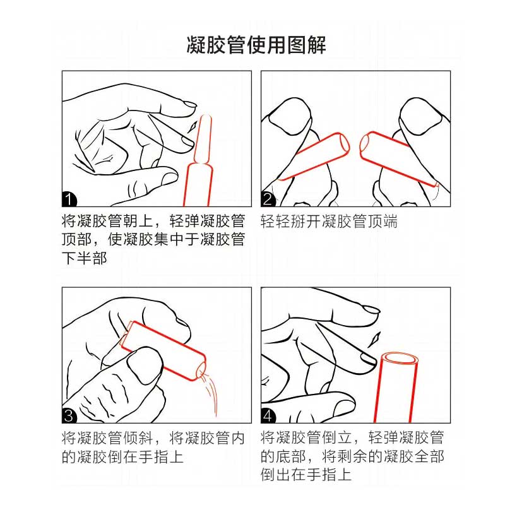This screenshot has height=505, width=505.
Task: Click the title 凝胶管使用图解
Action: click(256, 45)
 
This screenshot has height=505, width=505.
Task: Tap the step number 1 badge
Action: click(69, 199)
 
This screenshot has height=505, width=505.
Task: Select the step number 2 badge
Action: click(268, 199)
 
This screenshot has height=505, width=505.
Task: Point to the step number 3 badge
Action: click(69, 416)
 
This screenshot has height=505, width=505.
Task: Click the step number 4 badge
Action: click(268, 416)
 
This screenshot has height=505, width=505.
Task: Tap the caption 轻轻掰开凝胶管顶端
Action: click(329, 221)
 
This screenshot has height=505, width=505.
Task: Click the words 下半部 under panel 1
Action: click(85, 258)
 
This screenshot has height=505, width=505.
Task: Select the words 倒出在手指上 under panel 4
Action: click(306, 475)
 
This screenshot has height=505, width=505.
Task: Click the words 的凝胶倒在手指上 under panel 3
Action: click(122, 456)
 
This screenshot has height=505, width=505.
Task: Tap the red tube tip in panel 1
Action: click(203, 139)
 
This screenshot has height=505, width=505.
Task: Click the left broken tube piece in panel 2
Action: click(314, 156)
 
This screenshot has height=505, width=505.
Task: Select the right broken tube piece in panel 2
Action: click(399, 158)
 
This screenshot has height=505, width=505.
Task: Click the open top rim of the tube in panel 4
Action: click(400, 358)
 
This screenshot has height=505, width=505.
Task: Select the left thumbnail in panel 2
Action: click(289, 116)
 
